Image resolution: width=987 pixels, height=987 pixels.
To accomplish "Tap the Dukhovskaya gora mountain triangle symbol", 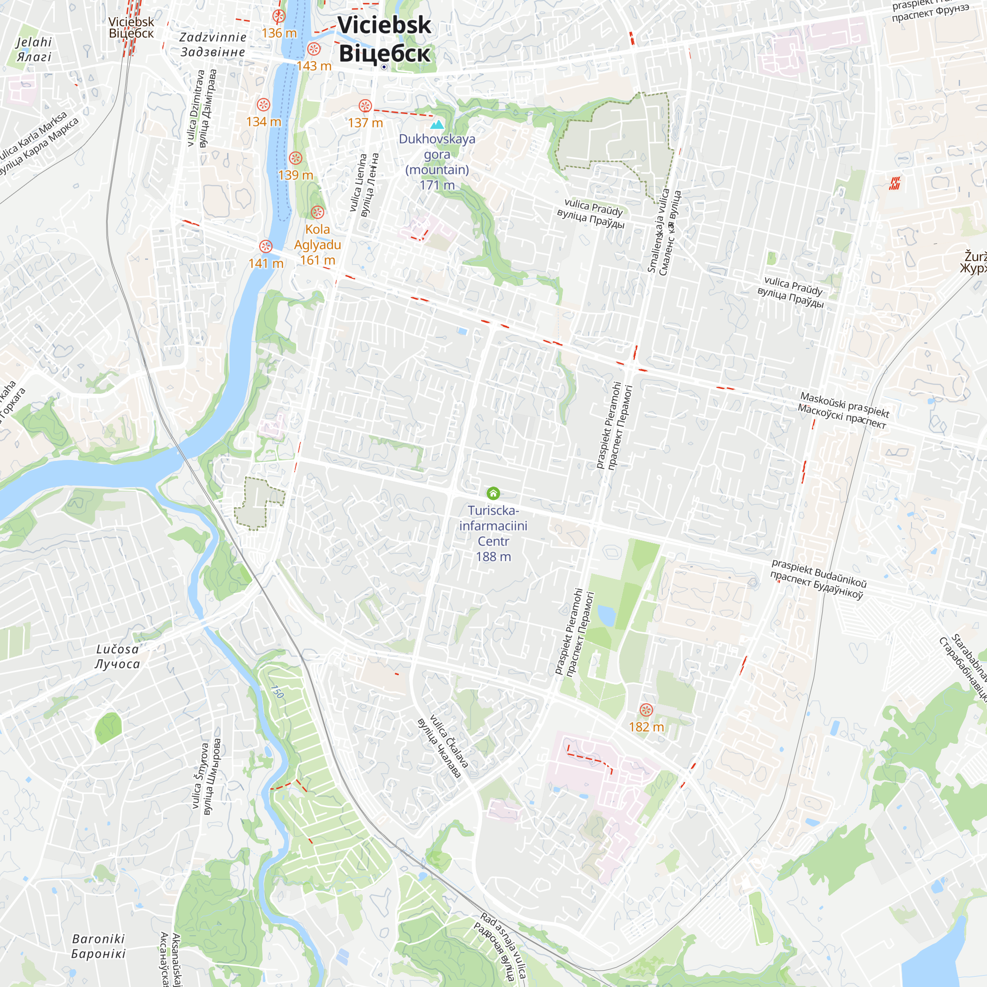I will coord(437,124).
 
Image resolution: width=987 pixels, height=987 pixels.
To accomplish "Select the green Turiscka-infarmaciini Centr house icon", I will coord(493,493).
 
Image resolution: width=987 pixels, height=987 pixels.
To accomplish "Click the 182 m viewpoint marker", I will coord(646,710).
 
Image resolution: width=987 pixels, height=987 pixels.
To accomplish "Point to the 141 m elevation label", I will coord(266,263).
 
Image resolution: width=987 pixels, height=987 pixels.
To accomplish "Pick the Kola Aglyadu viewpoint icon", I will coord(317,212).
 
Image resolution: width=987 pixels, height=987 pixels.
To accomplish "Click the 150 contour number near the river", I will coord(277,692).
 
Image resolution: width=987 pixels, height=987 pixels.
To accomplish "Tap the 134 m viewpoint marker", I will coord(263,105).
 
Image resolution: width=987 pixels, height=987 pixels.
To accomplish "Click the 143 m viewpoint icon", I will coord(314,49).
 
